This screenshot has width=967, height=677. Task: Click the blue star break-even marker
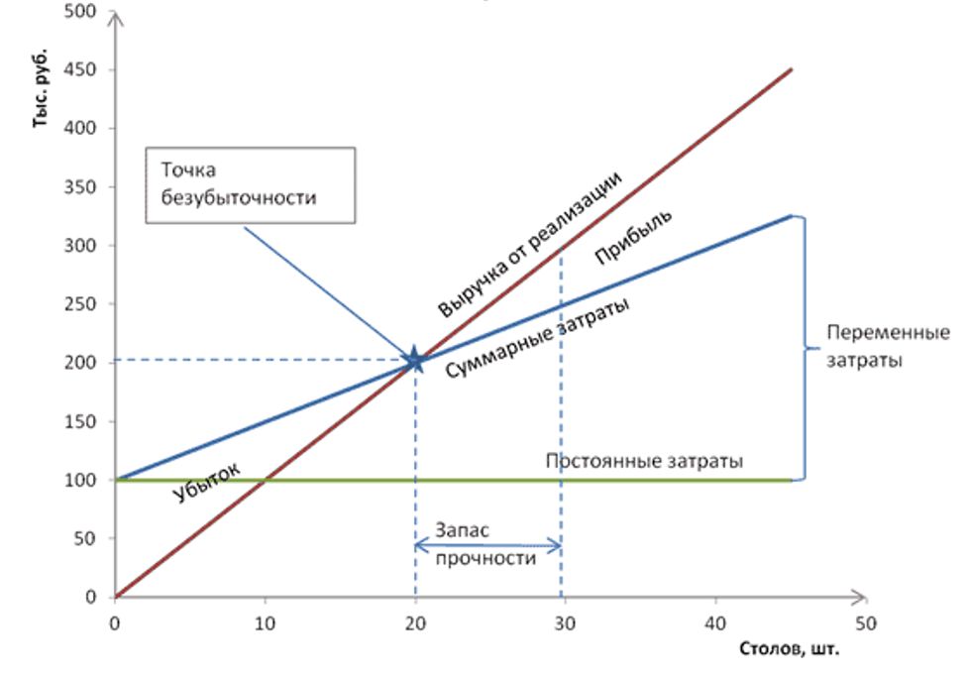[415, 360]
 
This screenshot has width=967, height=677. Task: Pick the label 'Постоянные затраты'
[644, 461]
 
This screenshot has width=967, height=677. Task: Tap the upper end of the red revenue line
[791, 69]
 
